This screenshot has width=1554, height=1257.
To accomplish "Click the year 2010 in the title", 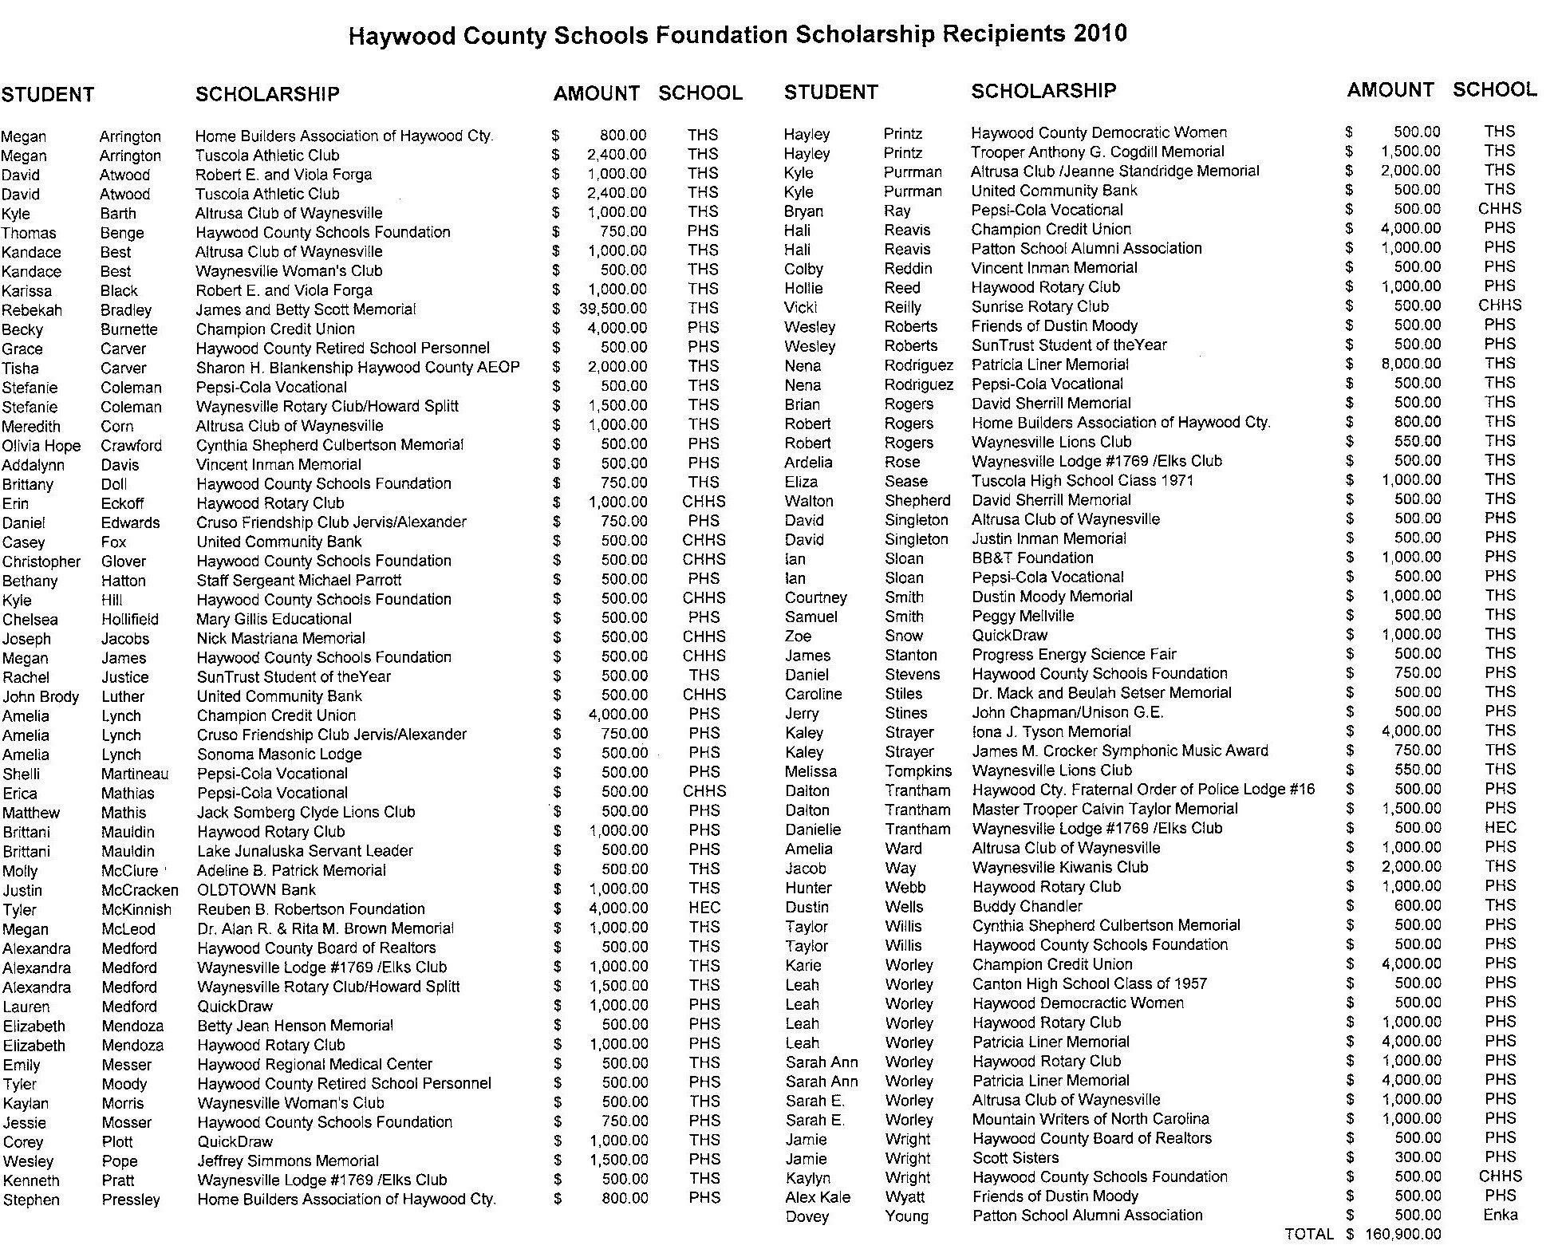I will point(1099,33).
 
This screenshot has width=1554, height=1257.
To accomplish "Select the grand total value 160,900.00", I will point(1403,1235).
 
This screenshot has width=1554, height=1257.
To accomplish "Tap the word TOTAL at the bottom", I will point(1309,1235).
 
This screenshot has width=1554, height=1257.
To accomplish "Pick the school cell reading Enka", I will point(1501,1215).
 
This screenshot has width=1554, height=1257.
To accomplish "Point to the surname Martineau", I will point(135,774).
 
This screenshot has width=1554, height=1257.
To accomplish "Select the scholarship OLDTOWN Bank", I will point(256,889).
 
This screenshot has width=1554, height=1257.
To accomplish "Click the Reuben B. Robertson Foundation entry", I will point(311,908).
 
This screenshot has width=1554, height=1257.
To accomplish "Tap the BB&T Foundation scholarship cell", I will point(1032,558).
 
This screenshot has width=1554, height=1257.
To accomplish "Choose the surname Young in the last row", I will point(907,1216).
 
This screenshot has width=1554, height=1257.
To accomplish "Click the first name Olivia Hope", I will point(42,446).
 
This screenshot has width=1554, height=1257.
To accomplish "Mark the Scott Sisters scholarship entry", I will point(1016,1157).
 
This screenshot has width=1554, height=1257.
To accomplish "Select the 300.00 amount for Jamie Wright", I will point(1417,1157).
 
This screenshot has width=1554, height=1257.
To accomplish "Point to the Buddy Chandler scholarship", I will point(1027,906).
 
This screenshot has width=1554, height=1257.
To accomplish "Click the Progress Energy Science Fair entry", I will point(1074,654).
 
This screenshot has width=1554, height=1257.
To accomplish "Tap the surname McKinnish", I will point(136,909).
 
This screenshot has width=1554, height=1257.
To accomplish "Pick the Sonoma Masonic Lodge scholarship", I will point(279,754).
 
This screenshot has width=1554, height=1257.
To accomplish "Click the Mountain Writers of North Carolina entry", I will point(1091,1119).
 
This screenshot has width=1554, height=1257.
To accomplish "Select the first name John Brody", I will point(41,696).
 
